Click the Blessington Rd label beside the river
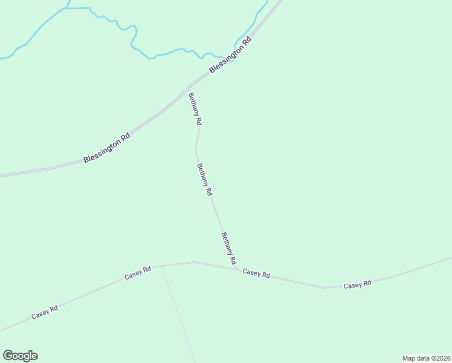click(x=230, y=56)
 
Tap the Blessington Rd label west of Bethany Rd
click(x=107, y=148)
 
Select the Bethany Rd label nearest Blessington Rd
click(x=195, y=109)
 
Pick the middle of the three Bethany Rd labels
click(x=205, y=179)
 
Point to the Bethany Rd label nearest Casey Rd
click(x=228, y=248)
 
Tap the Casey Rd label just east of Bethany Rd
click(x=256, y=273)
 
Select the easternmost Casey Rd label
click(x=357, y=284)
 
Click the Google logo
click(x=20, y=356)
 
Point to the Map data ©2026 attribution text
click(x=427, y=358)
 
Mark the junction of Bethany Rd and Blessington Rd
click(x=189, y=87)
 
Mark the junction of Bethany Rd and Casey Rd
click(x=237, y=269)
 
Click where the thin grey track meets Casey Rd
click(x=161, y=266)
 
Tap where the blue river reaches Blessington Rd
click(x=234, y=60)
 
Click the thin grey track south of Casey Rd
click(x=178, y=315)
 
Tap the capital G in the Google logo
click(x=7, y=356)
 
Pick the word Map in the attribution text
click(x=409, y=358)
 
